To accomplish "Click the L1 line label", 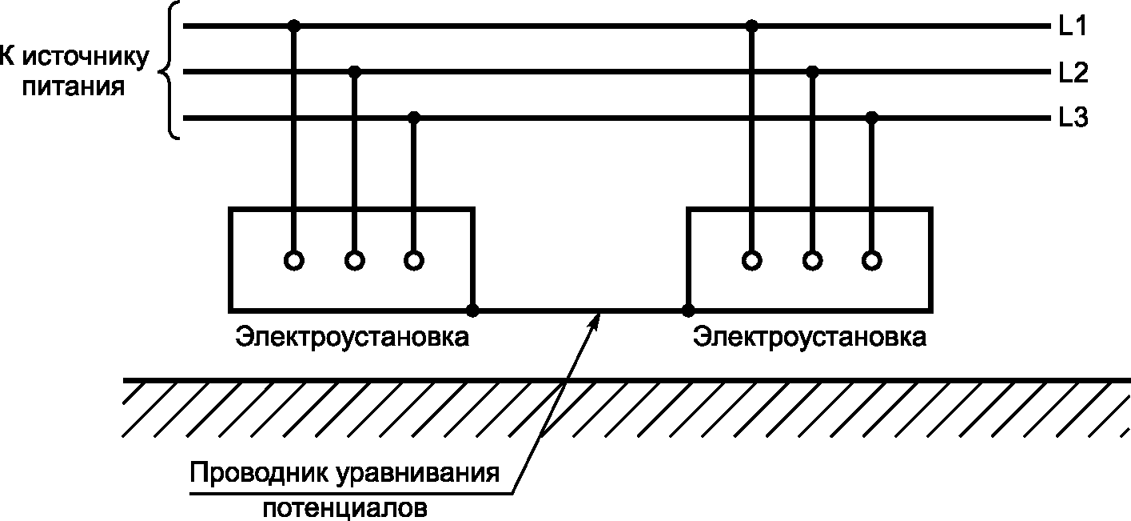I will tap(1072, 26).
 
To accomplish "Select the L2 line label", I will tap(1072, 73).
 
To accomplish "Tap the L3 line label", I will tap(1072, 119).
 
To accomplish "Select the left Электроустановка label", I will tap(352, 337).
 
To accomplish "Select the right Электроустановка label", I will tap(810, 337).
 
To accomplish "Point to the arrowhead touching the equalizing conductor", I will tap(597, 319).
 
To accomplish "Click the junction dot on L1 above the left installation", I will tap(294, 26).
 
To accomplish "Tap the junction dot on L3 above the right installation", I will tap(872, 118).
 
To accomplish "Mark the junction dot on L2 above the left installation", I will tap(355, 72).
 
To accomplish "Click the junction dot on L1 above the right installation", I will tap(751, 26).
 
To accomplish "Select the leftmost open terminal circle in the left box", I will tap(294, 260).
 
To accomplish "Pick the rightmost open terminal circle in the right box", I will tap(872, 260).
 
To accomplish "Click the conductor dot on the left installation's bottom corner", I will tap(473, 310).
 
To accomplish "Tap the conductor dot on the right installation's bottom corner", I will tap(687, 310).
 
